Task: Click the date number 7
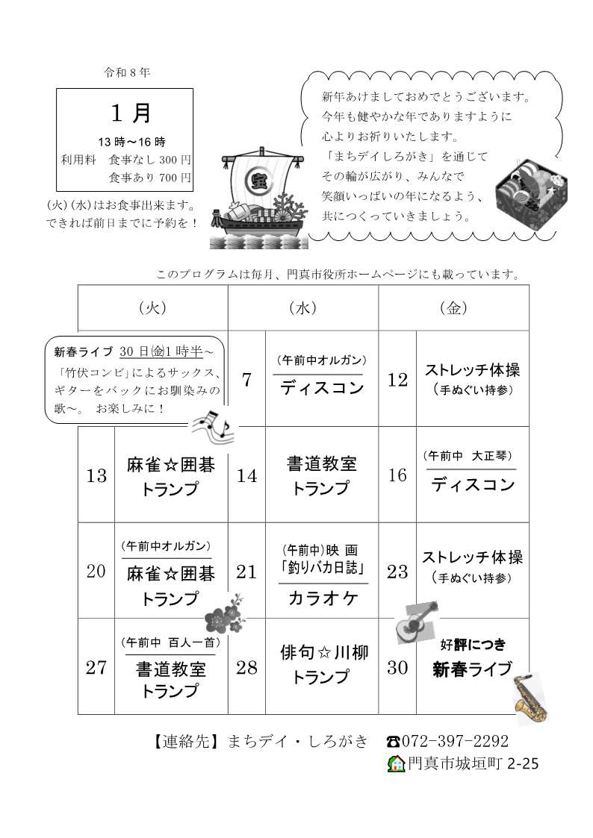[x=246, y=380]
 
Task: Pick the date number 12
[x=397, y=380]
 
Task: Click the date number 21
[x=246, y=572]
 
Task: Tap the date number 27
[x=96, y=667]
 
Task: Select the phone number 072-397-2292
[x=456, y=741]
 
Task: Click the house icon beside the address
[x=396, y=763]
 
